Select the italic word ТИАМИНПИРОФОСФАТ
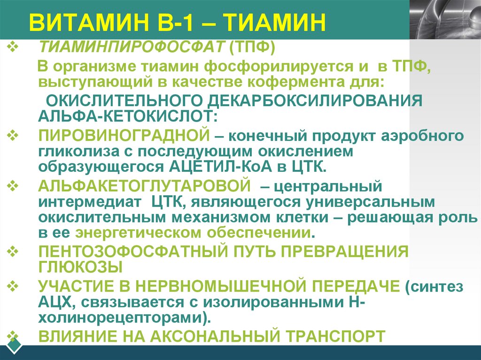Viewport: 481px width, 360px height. (131, 47)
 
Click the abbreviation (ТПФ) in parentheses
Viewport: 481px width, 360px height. (251, 47)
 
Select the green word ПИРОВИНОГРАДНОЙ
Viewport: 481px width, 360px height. (124, 136)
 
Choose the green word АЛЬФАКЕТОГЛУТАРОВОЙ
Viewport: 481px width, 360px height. (144, 186)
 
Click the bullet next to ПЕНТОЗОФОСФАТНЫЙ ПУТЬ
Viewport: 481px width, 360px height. (13, 251)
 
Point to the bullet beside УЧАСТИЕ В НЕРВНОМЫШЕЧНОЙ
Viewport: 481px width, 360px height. (13, 284)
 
